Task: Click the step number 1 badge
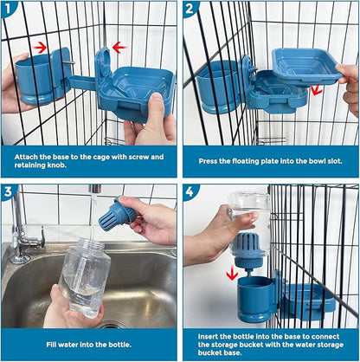[x=10, y=10]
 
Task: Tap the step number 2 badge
[x=192, y=10]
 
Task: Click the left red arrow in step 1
[x=40, y=46]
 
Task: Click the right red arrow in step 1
[x=119, y=47]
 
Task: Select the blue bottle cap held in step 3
[x=119, y=214]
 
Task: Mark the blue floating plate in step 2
[x=305, y=64]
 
